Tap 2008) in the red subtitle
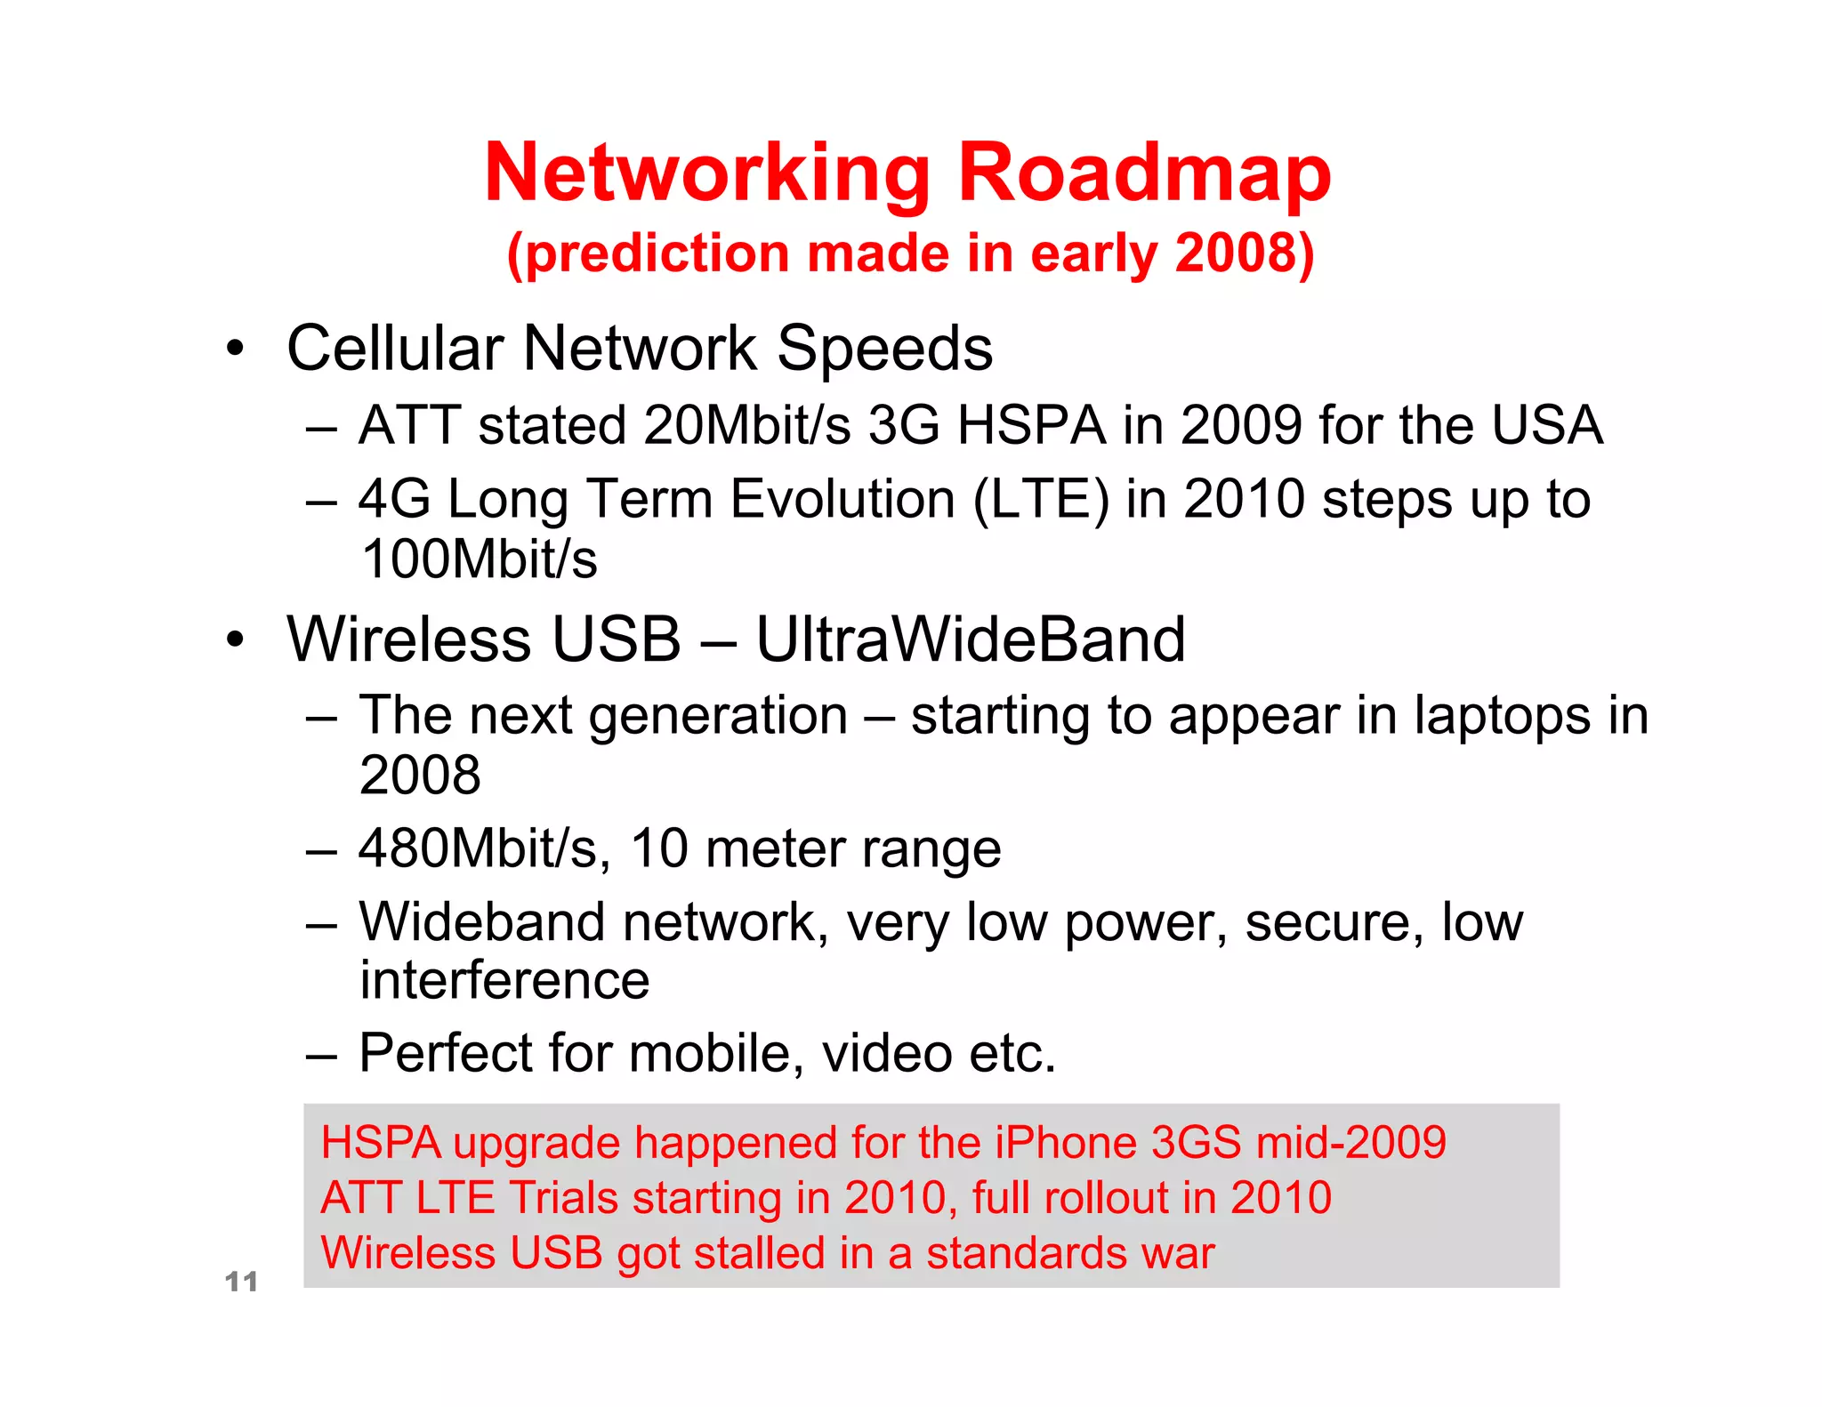coord(1244,254)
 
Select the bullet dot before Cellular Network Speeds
coord(234,349)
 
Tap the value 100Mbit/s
coord(479,559)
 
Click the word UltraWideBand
coord(970,639)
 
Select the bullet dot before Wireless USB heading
coord(234,639)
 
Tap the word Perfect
coord(446,1053)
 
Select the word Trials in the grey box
coord(563,1198)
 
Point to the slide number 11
coord(241,1282)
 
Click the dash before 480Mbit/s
coord(321,850)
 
